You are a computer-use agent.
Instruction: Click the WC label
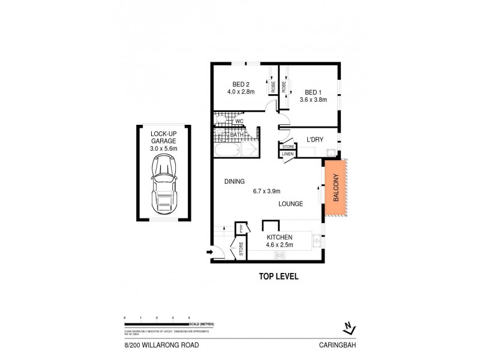click(238, 122)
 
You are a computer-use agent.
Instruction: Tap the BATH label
click(236, 135)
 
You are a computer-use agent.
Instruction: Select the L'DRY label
click(315, 140)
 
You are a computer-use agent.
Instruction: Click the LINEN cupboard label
click(287, 154)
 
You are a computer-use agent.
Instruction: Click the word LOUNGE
click(290, 204)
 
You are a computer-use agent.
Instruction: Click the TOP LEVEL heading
click(278, 277)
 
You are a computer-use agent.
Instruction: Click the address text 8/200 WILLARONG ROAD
click(157, 345)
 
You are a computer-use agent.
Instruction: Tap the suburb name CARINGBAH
click(339, 345)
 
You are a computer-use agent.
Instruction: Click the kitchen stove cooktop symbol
click(279, 255)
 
